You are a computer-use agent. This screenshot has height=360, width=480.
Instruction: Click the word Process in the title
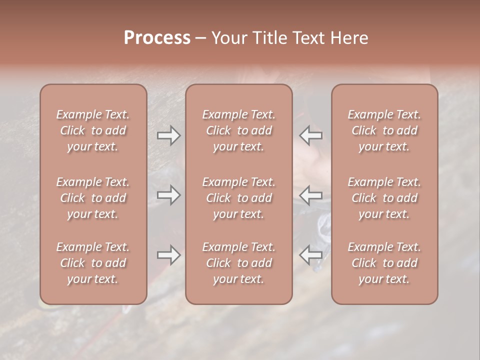(157, 38)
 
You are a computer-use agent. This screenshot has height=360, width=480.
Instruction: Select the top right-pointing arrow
(168, 135)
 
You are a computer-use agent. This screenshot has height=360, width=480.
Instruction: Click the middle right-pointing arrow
(168, 195)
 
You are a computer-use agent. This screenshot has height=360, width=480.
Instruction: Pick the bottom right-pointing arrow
(168, 255)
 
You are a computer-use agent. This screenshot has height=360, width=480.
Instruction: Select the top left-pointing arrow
(310, 135)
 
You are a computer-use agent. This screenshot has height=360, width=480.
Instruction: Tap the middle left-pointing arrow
(310, 195)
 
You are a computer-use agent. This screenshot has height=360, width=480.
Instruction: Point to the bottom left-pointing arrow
(310, 255)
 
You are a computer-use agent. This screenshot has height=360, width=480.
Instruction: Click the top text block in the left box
(93, 130)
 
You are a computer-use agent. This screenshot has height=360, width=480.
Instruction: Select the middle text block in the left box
(93, 198)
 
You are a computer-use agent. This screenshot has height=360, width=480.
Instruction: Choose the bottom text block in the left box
(93, 263)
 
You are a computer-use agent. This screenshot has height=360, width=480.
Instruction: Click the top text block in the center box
(239, 130)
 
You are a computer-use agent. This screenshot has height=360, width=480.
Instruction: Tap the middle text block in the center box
(239, 198)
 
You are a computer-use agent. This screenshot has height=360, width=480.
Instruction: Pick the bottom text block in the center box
(239, 263)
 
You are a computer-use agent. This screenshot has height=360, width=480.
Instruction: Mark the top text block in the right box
(384, 130)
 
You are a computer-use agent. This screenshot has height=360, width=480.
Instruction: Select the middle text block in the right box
(384, 198)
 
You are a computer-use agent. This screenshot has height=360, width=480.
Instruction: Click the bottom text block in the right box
(384, 263)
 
